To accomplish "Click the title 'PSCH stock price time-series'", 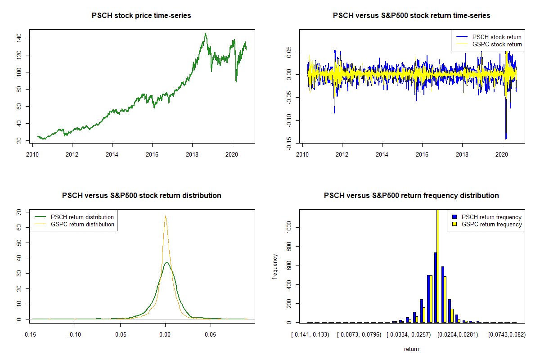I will coord(141,16).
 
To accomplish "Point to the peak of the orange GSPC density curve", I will coord(165,216).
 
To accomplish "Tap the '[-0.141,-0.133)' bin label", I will coord(310,335).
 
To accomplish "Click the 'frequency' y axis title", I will coord(275,267).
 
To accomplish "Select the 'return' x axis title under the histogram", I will coord(411,349).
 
